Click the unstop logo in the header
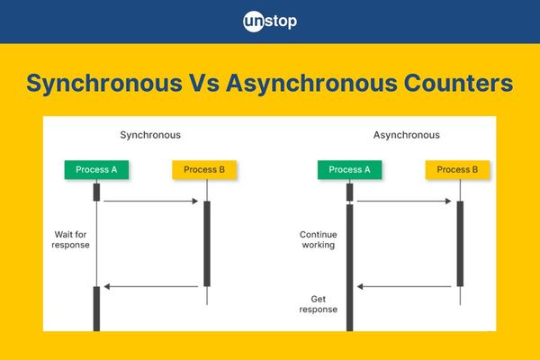pos(270,22)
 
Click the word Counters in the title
pos(458,84)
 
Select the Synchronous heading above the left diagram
pos(150,135)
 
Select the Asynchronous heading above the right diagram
pos(407,135)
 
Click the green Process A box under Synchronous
pos(96,169)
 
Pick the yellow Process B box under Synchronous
pos(204,169)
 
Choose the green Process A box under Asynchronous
pos(349,169)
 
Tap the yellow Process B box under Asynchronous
pos(457,169)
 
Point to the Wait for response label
pos(70,239)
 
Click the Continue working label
pos(319,239)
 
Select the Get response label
pos(319,304)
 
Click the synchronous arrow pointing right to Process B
pos(151,201)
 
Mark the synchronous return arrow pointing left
pos(151,286)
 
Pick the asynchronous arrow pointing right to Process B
pos(404,201)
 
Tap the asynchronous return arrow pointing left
pos(404,286)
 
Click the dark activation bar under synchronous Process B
pos(207,244)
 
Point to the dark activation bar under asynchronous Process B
pos(460,244)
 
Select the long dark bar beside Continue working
pos(349,267)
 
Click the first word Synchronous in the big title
pos(104,84)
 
